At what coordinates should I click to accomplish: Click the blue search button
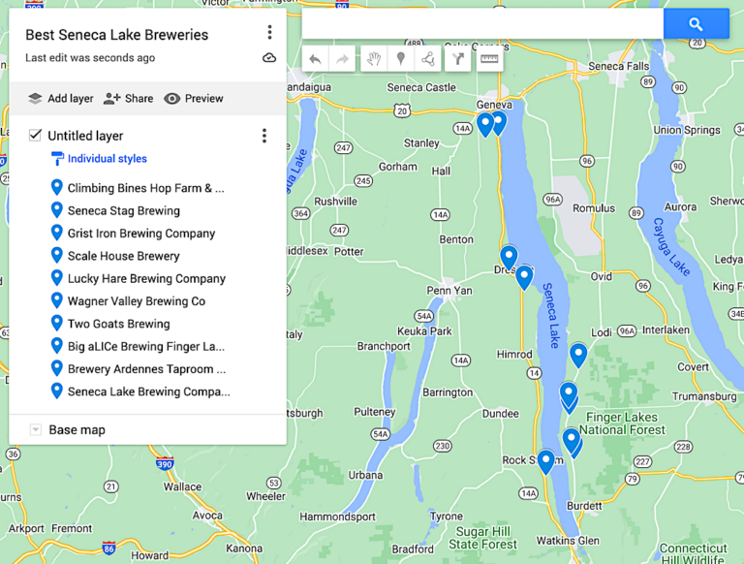pos(696,24)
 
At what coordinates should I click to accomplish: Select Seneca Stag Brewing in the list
pos(123,210)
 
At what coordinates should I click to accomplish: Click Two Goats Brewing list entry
pos(118,324)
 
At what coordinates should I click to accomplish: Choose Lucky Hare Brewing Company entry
pos(145,278)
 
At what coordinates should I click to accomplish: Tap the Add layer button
pos(60,98)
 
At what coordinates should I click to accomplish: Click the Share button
pos(128,98)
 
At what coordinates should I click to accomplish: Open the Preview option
pos(194,98)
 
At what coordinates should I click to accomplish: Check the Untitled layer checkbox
pos(36,136)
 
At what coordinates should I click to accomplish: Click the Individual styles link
pos(107,159)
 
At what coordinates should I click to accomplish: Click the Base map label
pos(77,429)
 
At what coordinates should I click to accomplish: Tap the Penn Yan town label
pos(449,290)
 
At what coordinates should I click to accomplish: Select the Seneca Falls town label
pos(618,66)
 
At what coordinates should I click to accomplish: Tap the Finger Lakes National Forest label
pos(622,423)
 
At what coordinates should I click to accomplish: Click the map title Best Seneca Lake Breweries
pos(116,35)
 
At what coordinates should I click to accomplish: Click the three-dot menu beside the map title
pos(269,33)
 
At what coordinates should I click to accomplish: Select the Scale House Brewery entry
pos(123,256)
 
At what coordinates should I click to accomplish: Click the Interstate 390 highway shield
pos(166,465)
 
